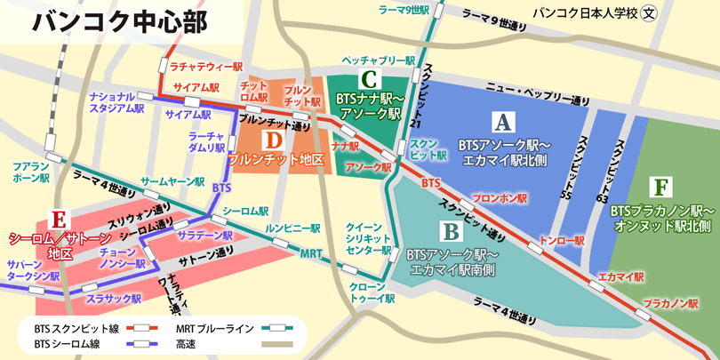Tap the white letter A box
(x=504, y=119)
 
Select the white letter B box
(x=451, y=232)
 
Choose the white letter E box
(x=59, y=219)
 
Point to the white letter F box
(x=660, y=188)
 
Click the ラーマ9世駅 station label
(x=404, y=11)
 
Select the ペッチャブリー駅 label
(x=379, y=60)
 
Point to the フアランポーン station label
(x=33, y=172)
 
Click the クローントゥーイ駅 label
(x=367, y=293)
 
